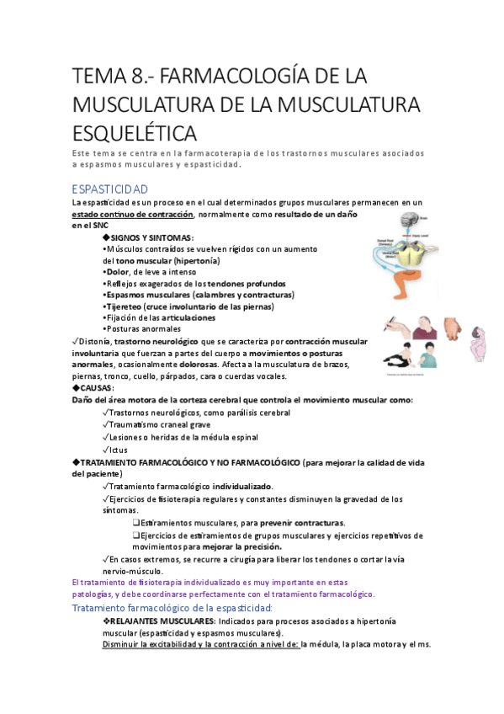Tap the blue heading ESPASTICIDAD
tap(110, 189)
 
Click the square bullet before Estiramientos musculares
tap(135, 523)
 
